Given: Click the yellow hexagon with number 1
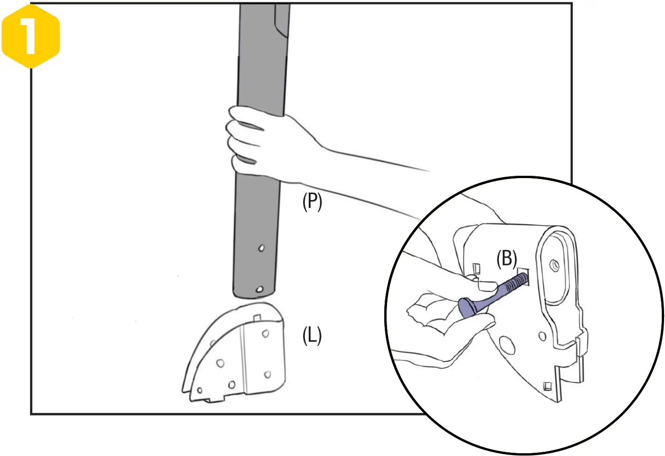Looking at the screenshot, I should (31, 36).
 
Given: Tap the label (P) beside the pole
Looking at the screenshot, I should (312, 202).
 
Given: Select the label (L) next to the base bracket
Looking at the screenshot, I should (312, 335).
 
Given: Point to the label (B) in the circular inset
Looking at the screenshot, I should (506, 259).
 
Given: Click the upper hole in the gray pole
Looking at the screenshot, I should (262, 248).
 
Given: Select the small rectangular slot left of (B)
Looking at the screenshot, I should (476, 269).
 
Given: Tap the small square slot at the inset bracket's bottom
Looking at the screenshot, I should (547, 386).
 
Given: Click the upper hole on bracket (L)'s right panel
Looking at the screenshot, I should (265, 334).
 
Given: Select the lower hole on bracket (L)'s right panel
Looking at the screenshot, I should (267, 374).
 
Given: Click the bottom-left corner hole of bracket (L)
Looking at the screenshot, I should (200, 390).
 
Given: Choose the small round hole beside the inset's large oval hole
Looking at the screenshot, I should (541, 335).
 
